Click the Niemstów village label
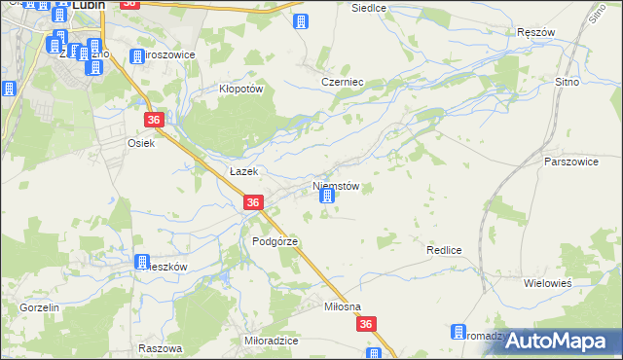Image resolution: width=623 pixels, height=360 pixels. (337, 186)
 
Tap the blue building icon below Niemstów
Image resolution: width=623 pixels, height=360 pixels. (327, 198)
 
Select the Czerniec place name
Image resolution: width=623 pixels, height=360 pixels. (342, 83)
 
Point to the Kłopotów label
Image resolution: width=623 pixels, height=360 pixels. (240, 88)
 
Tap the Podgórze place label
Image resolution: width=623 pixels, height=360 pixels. (275, 241)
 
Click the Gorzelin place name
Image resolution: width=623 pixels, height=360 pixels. (39, 307)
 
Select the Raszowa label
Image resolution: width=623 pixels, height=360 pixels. (161, 348)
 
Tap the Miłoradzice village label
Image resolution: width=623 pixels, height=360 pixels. (272, 342)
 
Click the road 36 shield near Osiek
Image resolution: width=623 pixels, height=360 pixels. (155, 120)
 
